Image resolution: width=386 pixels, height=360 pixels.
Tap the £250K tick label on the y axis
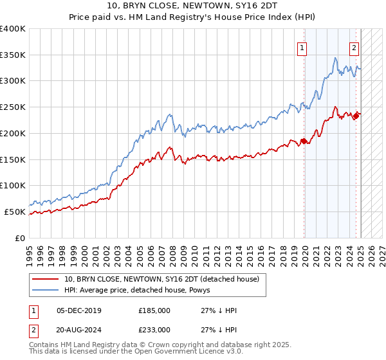tap(12, 107)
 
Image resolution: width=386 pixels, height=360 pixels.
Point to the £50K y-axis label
tap(15, 212)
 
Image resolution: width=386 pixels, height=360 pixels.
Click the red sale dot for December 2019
tap(304, 141)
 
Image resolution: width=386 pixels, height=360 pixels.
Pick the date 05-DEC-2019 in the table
tap(78, 310)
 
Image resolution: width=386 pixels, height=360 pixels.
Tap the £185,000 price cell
tap(154, 310)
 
